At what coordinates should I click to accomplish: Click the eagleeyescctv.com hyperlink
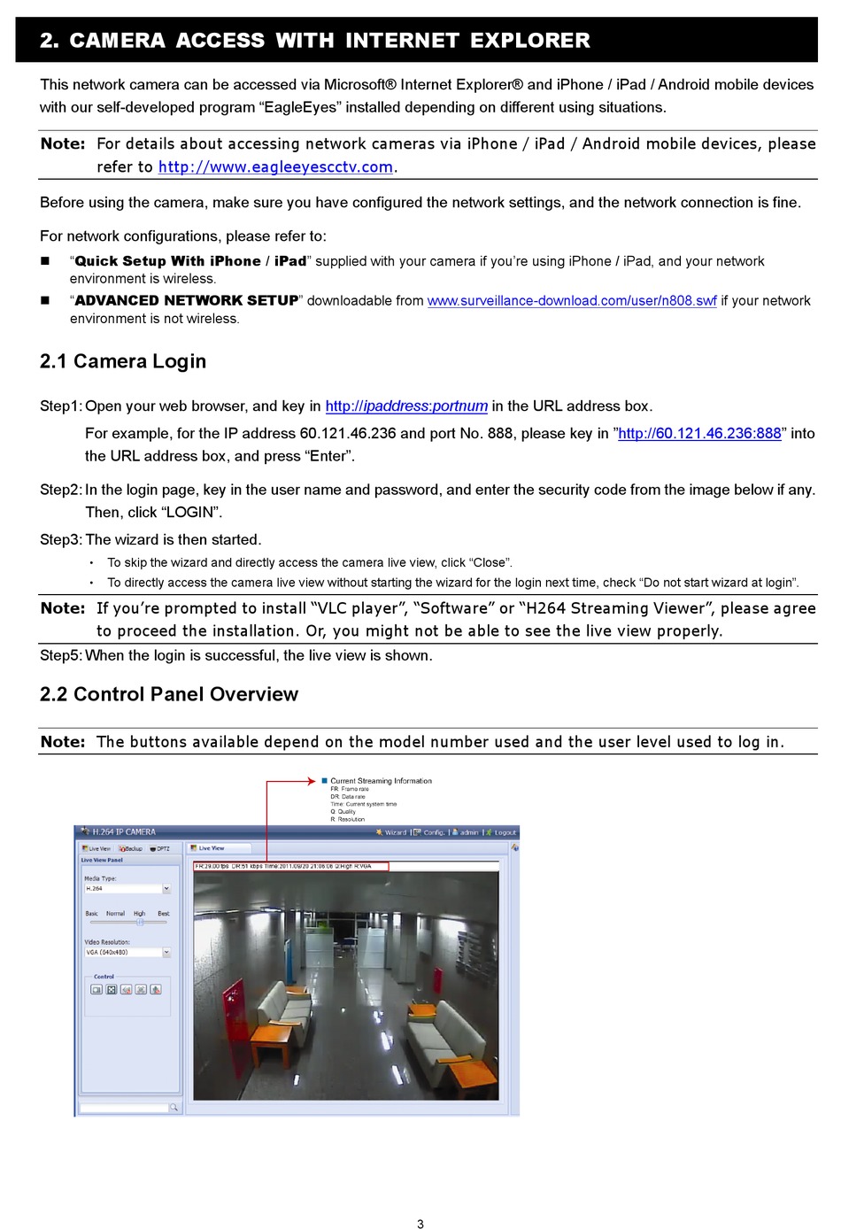(x=275, y=167)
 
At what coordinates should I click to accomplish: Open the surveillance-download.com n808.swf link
(x=572, y=301)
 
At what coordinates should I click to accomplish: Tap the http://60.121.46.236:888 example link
(x=699, y=434)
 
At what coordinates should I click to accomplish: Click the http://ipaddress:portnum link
(x=406, y=406)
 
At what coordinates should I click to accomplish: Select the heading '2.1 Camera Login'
(x=123, y=361)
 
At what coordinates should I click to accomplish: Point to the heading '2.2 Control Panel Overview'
(x=169, y=694)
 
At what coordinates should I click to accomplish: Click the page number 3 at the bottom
(x=420, y=1224)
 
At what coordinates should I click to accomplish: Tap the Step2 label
(x=60, y=490)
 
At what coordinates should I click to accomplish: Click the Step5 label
(x=60, y=656)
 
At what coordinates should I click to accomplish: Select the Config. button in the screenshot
(x=433, y=832)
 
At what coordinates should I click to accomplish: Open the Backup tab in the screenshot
(x=132, y=848)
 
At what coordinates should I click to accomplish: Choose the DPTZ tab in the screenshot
(x=161, y=848)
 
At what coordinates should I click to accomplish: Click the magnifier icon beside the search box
(x=174, y=1108)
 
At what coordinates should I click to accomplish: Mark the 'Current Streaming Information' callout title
(x=381, y=781)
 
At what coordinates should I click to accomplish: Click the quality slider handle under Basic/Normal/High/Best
(x=140, y=922)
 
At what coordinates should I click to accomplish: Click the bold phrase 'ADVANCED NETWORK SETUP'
(x=187, y=301)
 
